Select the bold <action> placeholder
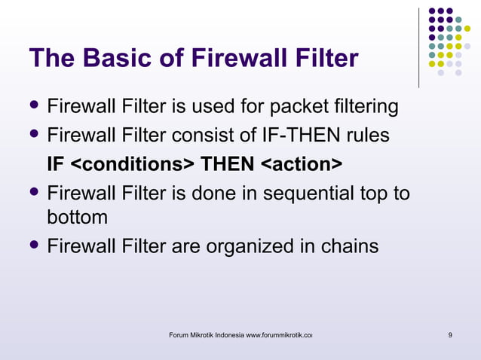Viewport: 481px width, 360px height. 301,163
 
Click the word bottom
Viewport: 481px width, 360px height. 77,218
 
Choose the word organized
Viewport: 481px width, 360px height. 240,246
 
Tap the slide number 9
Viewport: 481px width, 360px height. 450,334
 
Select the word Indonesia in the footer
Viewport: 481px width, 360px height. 228,334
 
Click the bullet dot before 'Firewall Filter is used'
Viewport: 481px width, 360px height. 35,107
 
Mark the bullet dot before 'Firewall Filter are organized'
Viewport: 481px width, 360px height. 35,245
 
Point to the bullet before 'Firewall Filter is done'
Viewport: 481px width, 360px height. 35,192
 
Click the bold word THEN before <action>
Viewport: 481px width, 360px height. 226,163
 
